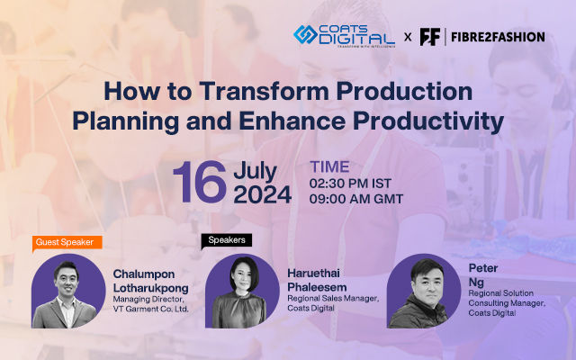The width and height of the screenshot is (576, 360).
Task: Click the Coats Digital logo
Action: click(343, 36)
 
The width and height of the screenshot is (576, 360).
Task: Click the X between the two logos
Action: click(408, 37)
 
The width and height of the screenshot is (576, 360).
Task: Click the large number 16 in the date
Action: click(199, 182)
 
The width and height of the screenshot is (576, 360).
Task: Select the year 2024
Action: click(262, 194)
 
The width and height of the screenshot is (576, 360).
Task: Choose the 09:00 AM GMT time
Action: click(356, 199)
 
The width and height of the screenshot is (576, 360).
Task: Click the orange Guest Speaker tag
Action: click(67, 241)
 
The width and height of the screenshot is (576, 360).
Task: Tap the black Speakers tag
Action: click(226, 240)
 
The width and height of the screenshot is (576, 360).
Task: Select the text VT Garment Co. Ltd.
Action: click(151, 309)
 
